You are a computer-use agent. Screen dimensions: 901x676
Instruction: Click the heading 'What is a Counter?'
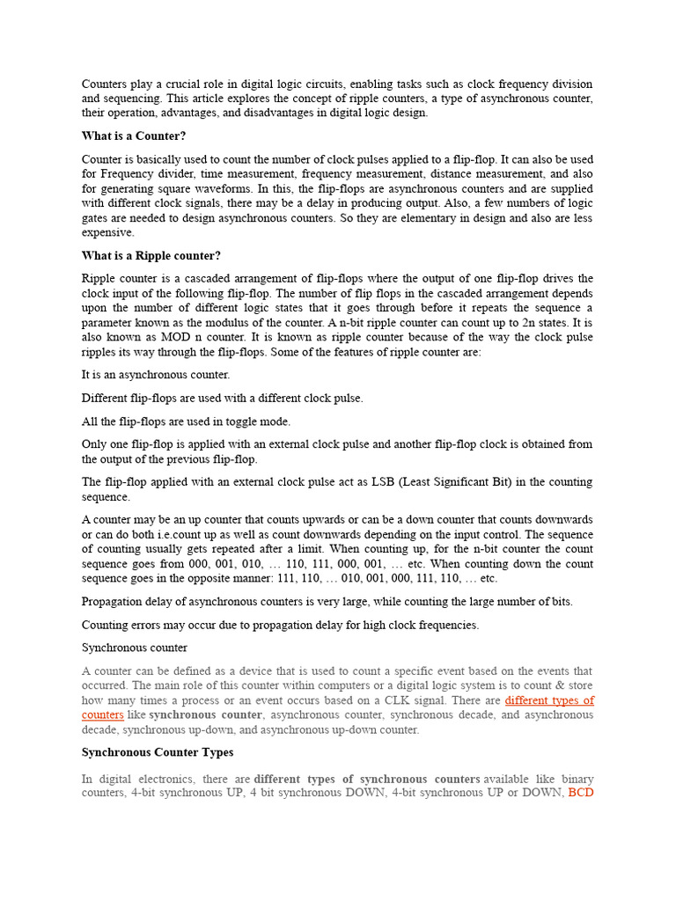tap(134, 136)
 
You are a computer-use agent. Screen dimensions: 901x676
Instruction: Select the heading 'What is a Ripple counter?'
tap(151, 256)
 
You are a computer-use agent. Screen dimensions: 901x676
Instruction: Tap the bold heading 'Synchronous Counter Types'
tap(158, 753)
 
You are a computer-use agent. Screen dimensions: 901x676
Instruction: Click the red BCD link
tap(581, 794)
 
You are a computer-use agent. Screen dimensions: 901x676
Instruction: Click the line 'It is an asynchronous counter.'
tap(156, 375)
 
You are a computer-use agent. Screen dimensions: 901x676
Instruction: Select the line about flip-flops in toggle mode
tap(186, 421)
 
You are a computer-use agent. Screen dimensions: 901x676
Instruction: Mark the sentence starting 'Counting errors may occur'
tap(280, 625)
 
